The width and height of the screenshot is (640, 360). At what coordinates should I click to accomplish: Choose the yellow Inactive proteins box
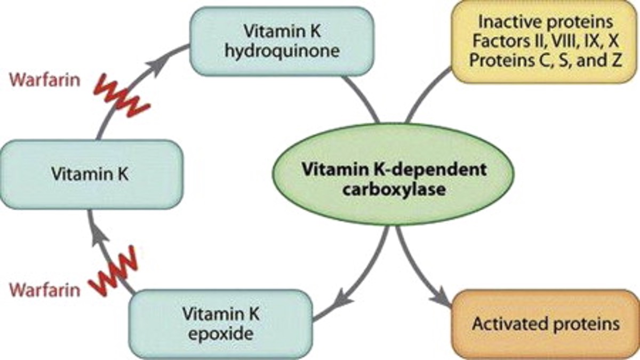click(x=544, y=42)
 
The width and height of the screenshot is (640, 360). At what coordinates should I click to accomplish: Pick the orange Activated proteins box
click(x=546, y=324)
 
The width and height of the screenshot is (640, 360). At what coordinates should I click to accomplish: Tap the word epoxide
click(x=220, y=334)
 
